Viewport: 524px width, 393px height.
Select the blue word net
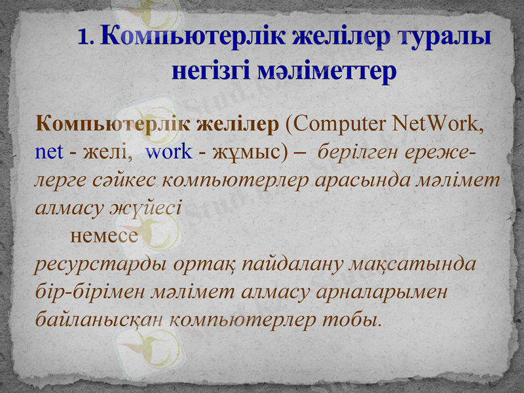[x=49, y=151]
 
